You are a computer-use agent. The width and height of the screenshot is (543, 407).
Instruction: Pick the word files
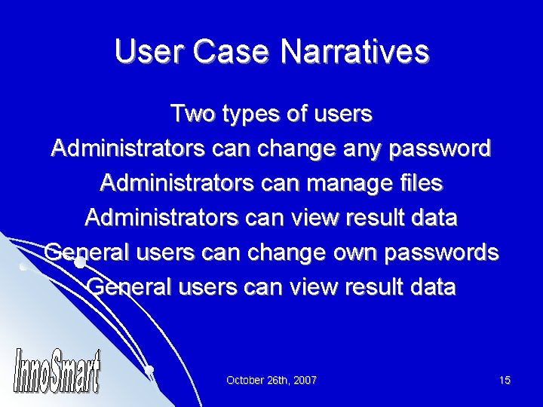tap(418, 183)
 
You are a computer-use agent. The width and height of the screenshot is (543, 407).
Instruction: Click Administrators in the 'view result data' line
tap(155, 218)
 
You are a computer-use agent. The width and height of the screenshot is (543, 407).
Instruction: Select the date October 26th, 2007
tap(271, 381)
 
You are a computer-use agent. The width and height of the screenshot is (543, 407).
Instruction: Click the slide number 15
tap(505, 381)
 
